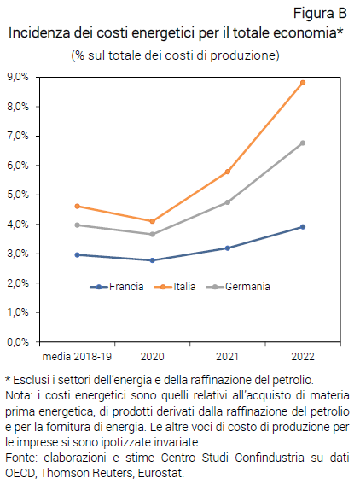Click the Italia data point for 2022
point(303,83)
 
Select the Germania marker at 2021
point(228,202)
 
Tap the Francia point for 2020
point(153,260)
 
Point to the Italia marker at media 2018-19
point(78,206)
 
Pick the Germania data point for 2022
point(303,143)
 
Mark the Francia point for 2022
point(303,227)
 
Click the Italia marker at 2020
point(153,221)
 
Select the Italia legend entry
point(183,287)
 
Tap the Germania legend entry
point(248,287)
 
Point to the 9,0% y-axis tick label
point(17,77)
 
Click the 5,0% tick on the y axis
point(17,195)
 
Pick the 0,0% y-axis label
point(17,341)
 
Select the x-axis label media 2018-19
point(78,354)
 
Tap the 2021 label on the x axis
point(228,354)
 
